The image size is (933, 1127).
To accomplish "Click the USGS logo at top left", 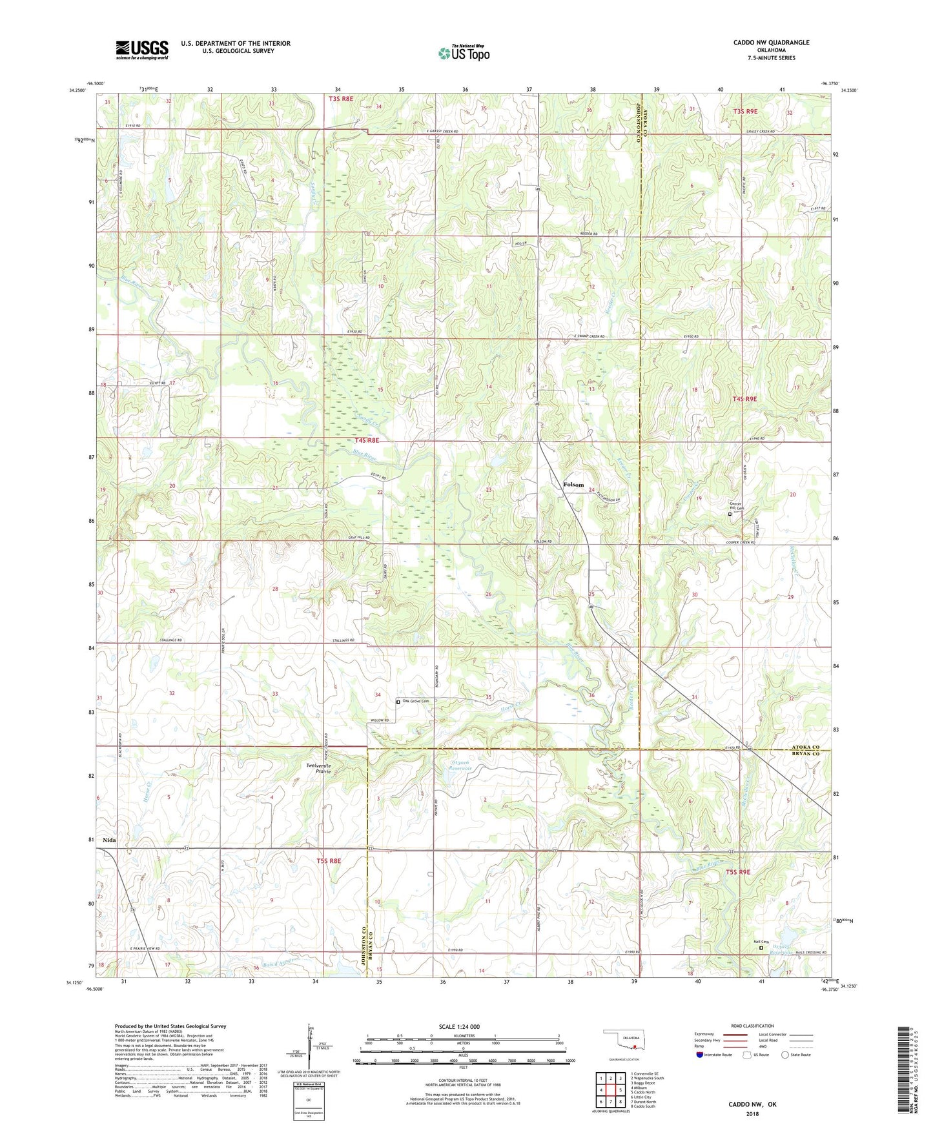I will (x=142, y=50).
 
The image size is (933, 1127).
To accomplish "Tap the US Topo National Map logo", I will (x=464, y=52).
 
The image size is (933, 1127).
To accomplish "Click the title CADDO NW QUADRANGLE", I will (x=771, y=43).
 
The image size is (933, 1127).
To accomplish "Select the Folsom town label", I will (x=573, y=485).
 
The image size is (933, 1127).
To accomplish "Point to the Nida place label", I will (x=109, y=840).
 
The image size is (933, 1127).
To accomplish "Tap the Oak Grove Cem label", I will (x=416, y=701).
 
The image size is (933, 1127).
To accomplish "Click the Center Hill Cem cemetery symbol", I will (x=730, y=514).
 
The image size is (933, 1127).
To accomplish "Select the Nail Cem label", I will (x=761, y=941).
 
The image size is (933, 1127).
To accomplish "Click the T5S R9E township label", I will (x=739, y=872).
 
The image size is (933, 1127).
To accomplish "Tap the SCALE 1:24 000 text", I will (x=459, y=1026).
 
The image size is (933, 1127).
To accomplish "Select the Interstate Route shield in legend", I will (x=701, y=1055).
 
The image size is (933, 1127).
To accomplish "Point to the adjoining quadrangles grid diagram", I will (x=610, y=1090).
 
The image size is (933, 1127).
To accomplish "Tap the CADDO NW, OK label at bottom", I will (x=752, y=1104).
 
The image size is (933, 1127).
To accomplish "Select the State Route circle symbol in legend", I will (x=784, y=1055).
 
